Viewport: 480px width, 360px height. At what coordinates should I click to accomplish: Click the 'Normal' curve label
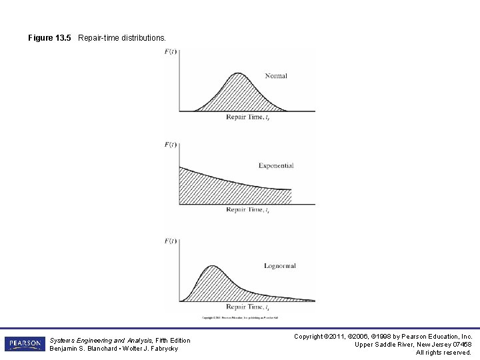click(x=275, y=76)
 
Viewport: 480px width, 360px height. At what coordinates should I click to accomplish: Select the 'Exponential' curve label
click(x=276, y=166)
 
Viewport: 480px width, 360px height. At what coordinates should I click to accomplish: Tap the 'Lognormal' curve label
click(x=279, y=266)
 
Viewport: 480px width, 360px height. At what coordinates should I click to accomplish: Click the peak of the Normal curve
click(x=237, y=73)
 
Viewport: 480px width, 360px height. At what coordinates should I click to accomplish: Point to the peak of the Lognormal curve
click(x=211, y=266)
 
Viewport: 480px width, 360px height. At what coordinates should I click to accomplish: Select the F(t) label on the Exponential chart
click(x=171, y=145)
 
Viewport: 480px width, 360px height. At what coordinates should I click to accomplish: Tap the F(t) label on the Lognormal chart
click(x=171, y=241)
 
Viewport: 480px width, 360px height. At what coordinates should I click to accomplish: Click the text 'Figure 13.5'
click(x=50, y=38)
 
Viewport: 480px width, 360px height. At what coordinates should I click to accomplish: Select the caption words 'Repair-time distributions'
click(x=122, y=38)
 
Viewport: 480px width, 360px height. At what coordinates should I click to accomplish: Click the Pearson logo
click(x=25, y=344)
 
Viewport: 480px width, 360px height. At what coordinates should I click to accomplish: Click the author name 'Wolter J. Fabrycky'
click(x=153, y=349)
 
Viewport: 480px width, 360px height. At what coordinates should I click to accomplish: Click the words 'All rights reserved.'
click(x=443, y=353)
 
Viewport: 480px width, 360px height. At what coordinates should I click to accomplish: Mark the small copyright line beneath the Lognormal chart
click(x=243, y=317)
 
